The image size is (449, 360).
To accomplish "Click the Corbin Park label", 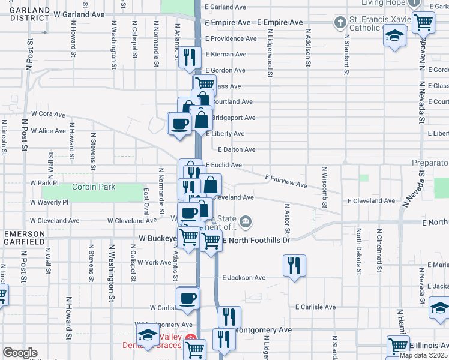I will tap(93, 187).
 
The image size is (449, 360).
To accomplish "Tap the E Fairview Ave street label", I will tap(286, 177).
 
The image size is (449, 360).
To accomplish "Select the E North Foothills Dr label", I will tap(256, 240).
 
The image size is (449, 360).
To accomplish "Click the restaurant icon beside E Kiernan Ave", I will tap(190, 58).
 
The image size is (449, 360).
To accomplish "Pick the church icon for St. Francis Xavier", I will tap(340, 23).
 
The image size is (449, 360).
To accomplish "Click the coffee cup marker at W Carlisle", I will tap(188, 298).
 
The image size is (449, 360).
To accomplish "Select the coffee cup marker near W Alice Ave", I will tap(180, 124).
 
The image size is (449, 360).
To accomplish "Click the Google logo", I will tap(20, 353).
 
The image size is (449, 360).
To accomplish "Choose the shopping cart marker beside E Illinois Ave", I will tap(399, 346).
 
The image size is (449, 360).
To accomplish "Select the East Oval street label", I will tap(146, 202).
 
